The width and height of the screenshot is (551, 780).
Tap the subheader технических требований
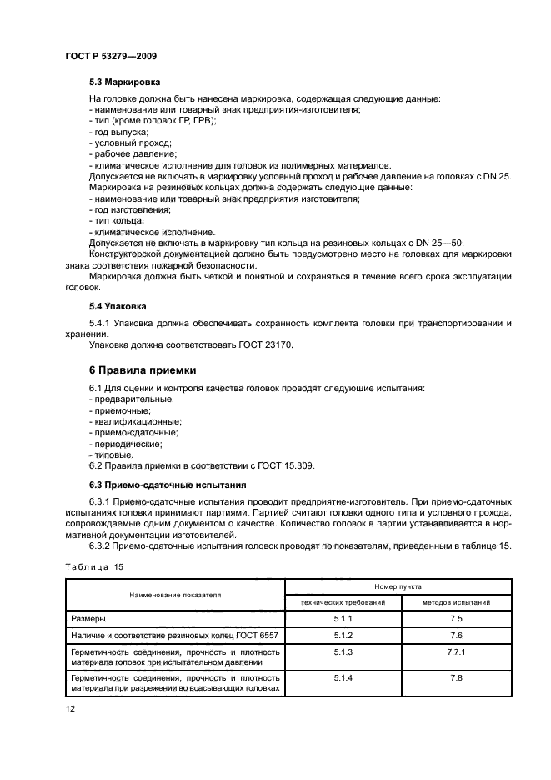344,602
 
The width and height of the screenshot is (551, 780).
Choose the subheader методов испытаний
456,602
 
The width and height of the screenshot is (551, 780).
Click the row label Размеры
88,619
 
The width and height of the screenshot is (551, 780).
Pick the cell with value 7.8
456,678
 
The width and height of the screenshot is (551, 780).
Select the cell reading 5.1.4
344,678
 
